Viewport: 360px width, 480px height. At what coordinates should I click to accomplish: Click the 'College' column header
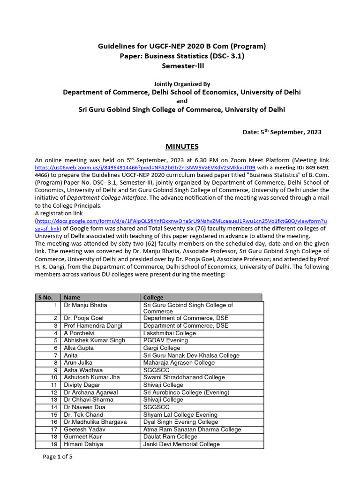click(x=153, y=298)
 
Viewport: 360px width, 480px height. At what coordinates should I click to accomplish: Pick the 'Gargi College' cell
click(x=161, y=348)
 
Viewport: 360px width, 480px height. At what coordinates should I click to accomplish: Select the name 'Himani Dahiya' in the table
click(x=83, y=444)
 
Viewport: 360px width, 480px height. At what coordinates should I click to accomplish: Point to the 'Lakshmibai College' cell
click(x=169, y=333)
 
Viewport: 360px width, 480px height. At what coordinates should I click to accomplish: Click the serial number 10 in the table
click(x=54, y=378)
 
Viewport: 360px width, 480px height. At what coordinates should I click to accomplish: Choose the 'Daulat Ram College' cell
click(x=170, y=437)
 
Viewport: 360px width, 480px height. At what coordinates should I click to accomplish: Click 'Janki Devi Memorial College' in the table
click(x=181, y=444)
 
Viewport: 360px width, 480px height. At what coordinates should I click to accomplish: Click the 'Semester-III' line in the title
click(x=182, y=66)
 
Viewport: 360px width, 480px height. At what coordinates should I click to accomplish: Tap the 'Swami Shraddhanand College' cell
click(x=184, y=378)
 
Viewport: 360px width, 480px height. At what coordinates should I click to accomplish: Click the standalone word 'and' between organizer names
click(x=182, y=101)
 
